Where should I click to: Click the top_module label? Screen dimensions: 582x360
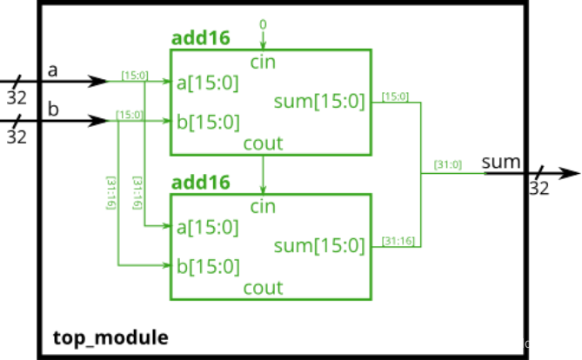coord(110,338)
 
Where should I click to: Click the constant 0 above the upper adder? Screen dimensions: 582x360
coord(263,24)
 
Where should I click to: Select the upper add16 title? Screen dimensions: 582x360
coord(200,38)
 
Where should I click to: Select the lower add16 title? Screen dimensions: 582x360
coord(200,183)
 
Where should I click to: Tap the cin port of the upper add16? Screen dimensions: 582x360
coord(263,63)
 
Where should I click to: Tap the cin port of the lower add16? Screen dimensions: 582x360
coord(263,207)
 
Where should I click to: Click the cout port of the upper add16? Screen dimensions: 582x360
coord(263,143)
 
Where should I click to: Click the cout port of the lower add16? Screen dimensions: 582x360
coord(263,288)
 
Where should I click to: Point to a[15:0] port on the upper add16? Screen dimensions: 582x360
coord(208,83)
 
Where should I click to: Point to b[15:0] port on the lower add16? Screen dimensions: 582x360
coord(208,266)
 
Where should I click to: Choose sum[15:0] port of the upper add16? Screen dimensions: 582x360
coord(319,101)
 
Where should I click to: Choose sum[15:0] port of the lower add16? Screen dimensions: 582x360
coord(319,246)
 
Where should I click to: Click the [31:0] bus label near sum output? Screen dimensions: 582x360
coord(448,164)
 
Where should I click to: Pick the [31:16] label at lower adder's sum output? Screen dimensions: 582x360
coord(398,241)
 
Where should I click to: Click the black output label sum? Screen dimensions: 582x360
coord(501,163)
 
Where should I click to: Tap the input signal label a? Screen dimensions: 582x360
coord(53,70)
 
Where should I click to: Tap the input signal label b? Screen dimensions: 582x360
coord(53,109)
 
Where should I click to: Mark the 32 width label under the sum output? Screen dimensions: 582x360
coord(539,188)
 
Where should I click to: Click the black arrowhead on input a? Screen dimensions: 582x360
coord(98,81)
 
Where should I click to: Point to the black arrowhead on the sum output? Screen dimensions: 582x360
coord(570,173)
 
